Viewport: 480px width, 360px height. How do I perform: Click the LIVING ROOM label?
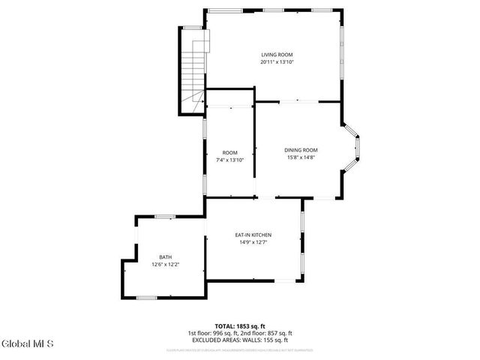point(277,55)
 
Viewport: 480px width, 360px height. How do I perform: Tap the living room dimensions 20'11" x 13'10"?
point(277,62)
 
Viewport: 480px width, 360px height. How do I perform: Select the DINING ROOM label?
point(301,150)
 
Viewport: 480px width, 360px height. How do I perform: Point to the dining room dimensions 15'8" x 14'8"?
point(301,157)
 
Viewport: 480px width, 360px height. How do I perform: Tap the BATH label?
point(165,256)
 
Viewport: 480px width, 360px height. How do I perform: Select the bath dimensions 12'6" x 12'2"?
point(165,264)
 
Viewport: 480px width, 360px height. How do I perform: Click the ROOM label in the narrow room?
point(229,152)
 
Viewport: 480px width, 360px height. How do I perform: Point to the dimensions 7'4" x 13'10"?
point(229,160)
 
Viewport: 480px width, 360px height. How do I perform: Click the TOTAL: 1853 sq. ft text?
point(240,326)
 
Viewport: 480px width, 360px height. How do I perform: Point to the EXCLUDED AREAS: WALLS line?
point(240,340)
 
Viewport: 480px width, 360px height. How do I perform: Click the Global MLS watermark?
point(28,344)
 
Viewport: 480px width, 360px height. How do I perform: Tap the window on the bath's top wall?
point(164,217)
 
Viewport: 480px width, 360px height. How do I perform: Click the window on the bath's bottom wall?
point(146,298)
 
